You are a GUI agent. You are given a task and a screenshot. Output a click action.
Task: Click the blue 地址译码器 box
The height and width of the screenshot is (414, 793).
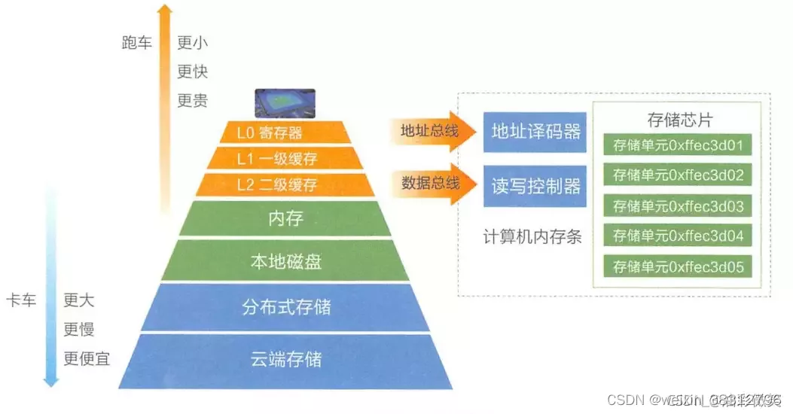point(535,132)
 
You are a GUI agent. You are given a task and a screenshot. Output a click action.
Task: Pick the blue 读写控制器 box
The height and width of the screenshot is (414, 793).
point(535,185)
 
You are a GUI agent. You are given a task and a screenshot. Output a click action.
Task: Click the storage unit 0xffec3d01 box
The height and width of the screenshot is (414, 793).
point(679,145)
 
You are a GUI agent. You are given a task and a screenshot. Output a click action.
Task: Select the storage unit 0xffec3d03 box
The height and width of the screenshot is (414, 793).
point(679,205)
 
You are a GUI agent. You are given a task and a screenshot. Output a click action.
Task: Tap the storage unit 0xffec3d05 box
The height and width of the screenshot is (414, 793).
point(679,266)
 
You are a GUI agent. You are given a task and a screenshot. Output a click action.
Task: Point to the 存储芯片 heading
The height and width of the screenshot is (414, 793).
point(679,120)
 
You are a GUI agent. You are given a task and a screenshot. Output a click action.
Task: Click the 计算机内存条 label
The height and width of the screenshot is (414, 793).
point(532,236)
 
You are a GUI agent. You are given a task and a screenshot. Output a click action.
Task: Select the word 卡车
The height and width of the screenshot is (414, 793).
point(20,300)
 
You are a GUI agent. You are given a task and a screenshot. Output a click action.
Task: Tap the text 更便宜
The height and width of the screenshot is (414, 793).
point(87,358)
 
